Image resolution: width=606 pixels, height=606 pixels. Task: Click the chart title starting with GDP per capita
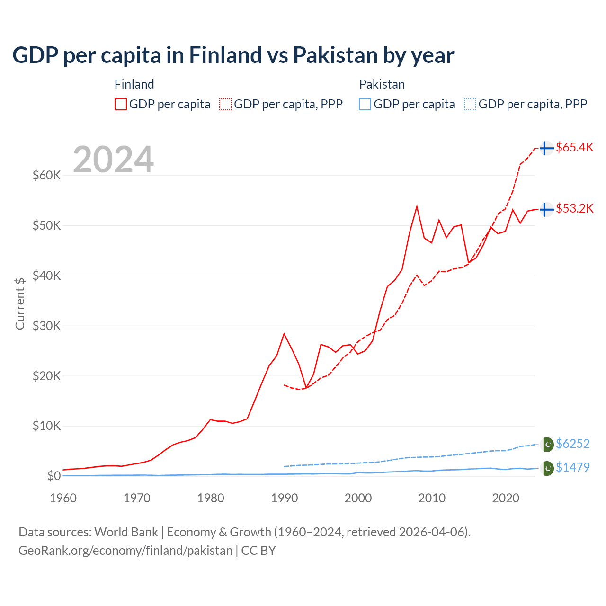[233, 55]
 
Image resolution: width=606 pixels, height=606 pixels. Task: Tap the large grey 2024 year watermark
[113, 160]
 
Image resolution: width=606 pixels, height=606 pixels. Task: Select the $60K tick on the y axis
[46, 176]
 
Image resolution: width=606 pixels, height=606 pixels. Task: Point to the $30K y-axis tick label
[46, 326]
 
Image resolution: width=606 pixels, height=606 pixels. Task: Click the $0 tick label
[54, 476]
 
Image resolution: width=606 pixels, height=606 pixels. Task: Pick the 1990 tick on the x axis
[285, 498]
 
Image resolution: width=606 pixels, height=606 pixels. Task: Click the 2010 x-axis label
[432, 498]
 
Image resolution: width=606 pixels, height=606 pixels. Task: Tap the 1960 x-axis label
[63, 498]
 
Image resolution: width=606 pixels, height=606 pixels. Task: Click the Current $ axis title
[20, 303]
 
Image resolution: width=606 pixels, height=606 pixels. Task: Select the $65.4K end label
[574, 147]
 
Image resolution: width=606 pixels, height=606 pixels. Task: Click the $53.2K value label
[574, 208]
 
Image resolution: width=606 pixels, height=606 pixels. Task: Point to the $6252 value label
[572, 444]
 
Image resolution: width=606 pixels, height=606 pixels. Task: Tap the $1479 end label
[572, 467]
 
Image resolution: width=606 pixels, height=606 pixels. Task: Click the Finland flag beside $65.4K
[546, 148]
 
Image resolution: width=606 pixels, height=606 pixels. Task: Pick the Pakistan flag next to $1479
[547, 468]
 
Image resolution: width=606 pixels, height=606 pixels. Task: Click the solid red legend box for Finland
[121, 104]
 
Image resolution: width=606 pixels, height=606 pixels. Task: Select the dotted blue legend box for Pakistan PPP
[470, 104]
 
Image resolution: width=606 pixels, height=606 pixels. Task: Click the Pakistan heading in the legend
[382, 84]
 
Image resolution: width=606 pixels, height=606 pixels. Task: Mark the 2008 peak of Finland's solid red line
[417, 206]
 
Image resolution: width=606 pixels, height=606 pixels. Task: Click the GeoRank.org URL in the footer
[125, 551]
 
